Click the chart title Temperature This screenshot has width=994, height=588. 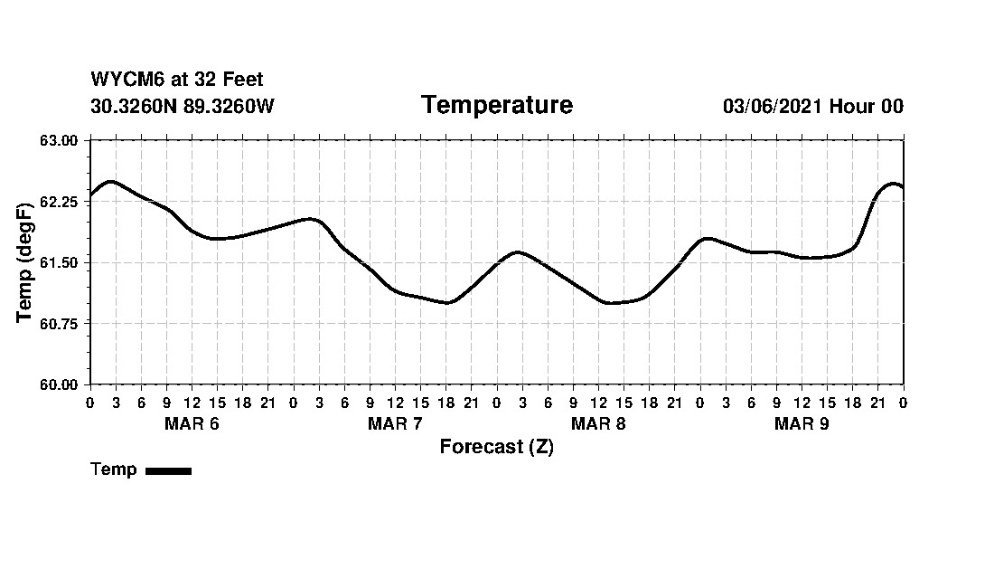click(x=496, y=106)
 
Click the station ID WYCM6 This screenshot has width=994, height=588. click(x=123, y=81)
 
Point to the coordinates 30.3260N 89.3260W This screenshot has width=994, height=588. click(x=182, y=107)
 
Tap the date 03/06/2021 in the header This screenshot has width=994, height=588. click(x=773, y=107)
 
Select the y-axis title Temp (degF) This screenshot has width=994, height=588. click(x=26, y=262)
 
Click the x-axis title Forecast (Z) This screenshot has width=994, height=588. click(x=496, y=447)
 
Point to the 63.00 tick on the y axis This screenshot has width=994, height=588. click(x=60, y=140)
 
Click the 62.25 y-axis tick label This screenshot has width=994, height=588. click(x=60, y=202)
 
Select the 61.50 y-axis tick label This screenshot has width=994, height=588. click(x=60, y=262)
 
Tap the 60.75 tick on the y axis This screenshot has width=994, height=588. click(x=60, y=324)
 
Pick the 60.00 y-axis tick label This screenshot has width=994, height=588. click(x=60, y=384)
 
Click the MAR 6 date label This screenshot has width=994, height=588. click(x=192, y=424)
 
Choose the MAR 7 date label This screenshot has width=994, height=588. click(x=395, y=424)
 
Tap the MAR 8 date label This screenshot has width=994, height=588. click(x=598, y=424)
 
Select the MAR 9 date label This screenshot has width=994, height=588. click(x=802, y=424)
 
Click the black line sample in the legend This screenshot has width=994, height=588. click(x=168, y=470)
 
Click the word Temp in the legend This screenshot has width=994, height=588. click(x=114, y=469)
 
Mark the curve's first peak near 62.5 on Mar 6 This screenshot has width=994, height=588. click(x=110, y=182)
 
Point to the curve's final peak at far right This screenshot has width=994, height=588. click(x=893, y=184)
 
